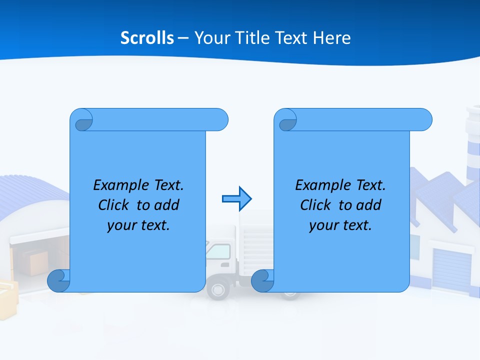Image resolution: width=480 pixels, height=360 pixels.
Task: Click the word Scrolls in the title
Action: click(147, 38)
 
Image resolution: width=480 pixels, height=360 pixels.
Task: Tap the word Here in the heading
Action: click(332, 38)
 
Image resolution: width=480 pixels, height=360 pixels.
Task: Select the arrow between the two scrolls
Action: click(236, 199)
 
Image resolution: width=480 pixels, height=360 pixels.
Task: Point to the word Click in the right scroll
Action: click(316, 205)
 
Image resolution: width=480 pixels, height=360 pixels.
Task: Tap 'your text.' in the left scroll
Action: click(138, 225)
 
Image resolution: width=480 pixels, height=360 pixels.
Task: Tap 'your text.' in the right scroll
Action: click(340, 225)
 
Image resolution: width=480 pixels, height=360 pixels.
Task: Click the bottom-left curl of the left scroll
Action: click(59, 280)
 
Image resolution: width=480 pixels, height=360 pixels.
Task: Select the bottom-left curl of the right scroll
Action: click(262, 280)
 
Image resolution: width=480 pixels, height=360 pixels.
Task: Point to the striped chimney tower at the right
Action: click(473, 145)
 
